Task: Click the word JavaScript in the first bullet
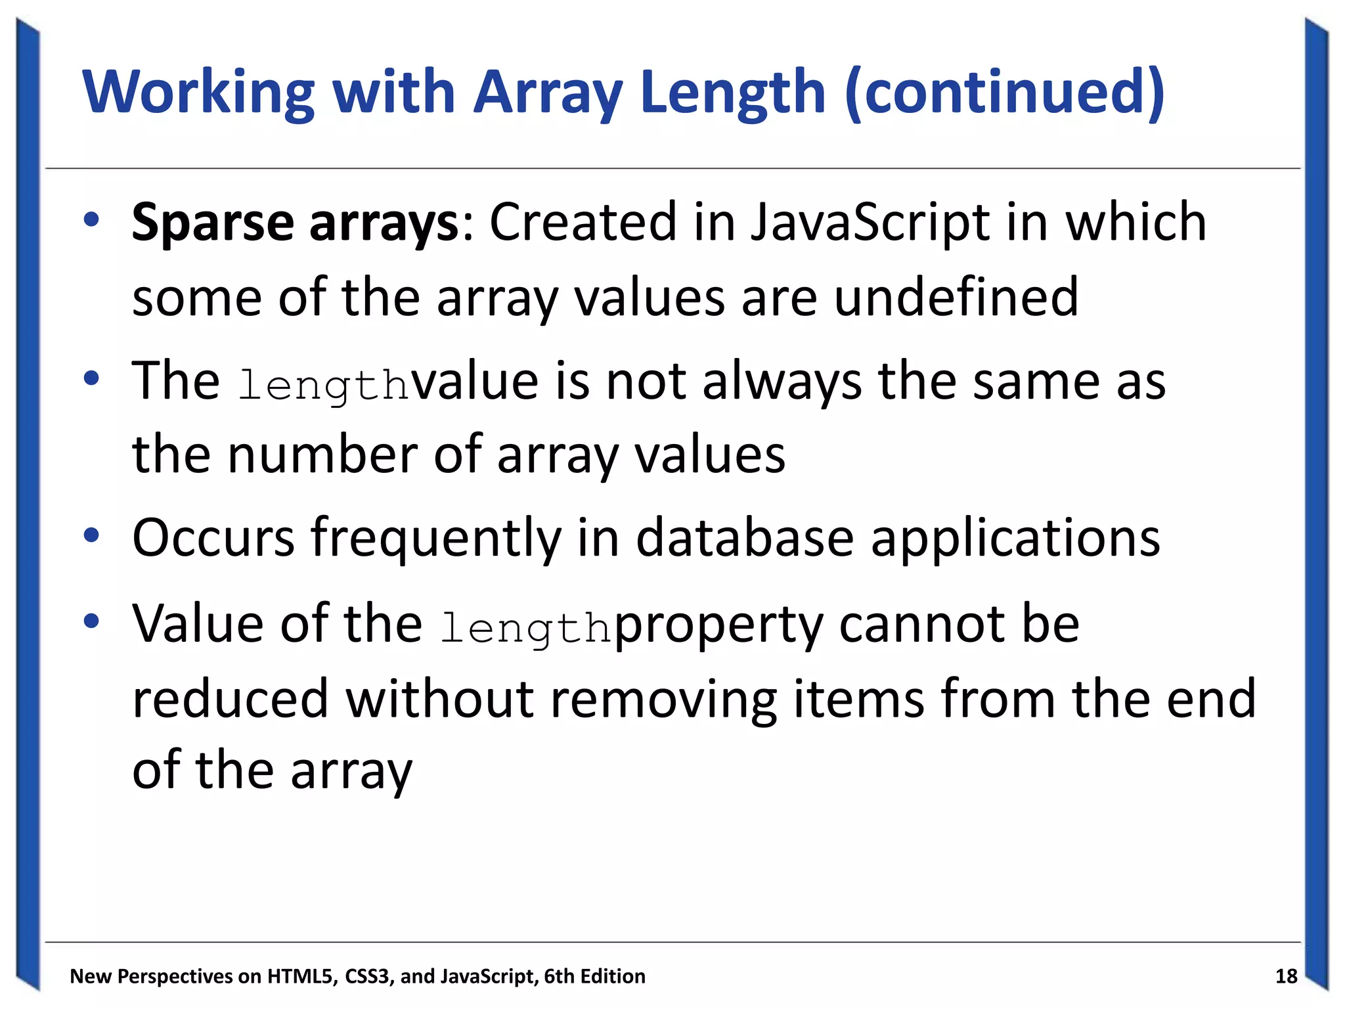point(870,222)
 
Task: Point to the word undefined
point(956,298)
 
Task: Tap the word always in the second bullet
point(782,382)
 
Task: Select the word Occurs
point(213,538)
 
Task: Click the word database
point(745,538)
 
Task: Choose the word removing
point(663,699)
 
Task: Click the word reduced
point(230,699)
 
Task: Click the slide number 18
point(1286,977)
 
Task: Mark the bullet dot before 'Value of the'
point(91,621)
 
